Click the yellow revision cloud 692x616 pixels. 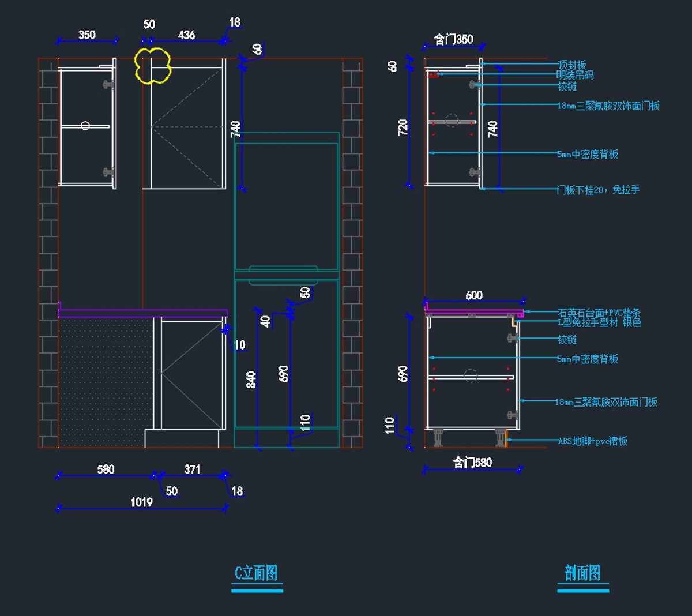point(153,66)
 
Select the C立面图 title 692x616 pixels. point(256,573)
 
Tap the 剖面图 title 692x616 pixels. point(582,573)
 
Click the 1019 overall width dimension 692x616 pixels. point(141,502)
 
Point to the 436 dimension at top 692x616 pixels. point(186,35)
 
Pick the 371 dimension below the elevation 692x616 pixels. point(192,469)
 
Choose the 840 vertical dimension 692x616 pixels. point(251,379)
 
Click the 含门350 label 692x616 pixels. point(454,39)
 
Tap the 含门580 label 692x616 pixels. point(472,462)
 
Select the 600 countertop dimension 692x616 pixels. point(474,295)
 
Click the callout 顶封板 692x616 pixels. point(571,65)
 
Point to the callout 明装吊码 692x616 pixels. point(575,75)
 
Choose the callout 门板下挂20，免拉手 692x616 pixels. point(598,190)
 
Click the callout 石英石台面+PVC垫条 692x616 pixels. point(599,313)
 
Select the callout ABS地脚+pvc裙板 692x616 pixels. point(593,441)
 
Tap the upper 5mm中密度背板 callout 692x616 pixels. point(588,154)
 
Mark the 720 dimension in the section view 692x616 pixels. point(403,127)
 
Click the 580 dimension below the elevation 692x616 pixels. point(106,469)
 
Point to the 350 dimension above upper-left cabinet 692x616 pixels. point(86,35)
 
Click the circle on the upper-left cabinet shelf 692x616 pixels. point(85,125)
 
